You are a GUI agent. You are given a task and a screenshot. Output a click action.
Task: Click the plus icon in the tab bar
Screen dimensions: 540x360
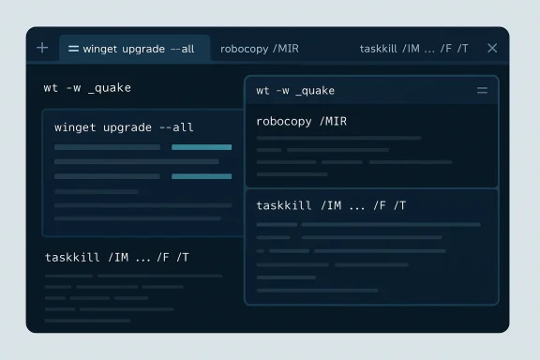point(42,48)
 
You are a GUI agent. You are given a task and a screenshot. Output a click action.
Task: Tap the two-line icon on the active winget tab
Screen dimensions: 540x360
point(73,48)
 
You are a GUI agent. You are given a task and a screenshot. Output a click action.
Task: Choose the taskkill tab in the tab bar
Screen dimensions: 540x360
point(413,48)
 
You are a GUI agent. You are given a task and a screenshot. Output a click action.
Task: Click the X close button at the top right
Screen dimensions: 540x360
point(492,48)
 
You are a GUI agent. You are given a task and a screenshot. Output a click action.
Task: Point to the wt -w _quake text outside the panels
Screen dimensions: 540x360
point(87,88)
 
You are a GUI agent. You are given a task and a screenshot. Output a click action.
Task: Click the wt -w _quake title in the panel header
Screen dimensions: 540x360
point(294,91)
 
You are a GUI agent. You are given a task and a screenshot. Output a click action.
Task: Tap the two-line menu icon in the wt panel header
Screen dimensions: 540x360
point(482,91)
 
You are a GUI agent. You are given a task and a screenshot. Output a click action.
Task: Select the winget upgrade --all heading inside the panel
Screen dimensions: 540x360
point(124,127)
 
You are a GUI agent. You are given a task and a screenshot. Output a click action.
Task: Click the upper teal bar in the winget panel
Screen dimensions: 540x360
point(202,147)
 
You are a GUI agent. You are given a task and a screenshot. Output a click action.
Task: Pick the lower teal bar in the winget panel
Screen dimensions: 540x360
point(202,176)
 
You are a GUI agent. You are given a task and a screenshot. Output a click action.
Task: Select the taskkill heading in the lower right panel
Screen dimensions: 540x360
point(331,205)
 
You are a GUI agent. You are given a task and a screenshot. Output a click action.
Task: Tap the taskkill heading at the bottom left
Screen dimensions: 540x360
point(117,257)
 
